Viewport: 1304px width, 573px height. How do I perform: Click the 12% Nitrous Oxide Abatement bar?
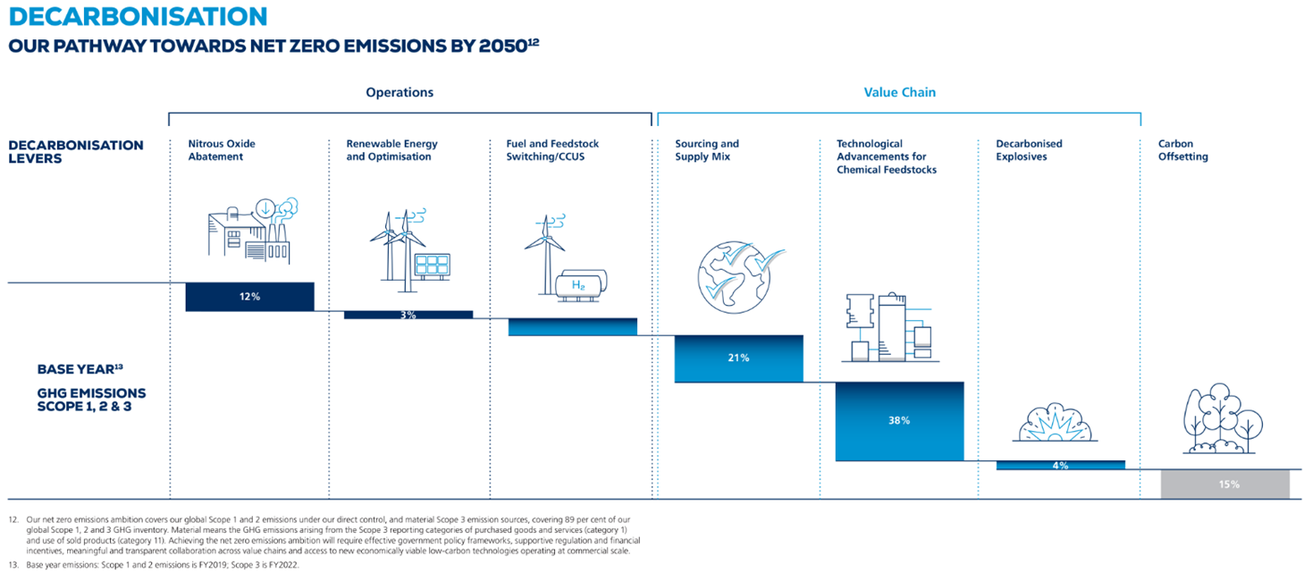click(x=249, y=297)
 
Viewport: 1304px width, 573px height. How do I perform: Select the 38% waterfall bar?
click(x=899, y=420)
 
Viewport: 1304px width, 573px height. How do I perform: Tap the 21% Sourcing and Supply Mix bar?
click(x=738, y=358)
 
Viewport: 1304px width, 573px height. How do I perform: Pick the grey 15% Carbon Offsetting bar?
click(x=1224, y=484)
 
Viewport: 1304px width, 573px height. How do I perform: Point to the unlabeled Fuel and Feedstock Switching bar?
click(x=572, y=326)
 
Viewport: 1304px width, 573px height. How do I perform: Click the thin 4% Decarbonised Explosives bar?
click(x=1060, y=465)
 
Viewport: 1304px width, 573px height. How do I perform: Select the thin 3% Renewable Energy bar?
click(x=408, y=315)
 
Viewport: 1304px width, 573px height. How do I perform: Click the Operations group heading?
click(x=399, y=92)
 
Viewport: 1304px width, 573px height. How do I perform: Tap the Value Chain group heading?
click(x=899, y=92)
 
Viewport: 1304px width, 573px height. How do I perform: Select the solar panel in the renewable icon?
click(x=431, y=265)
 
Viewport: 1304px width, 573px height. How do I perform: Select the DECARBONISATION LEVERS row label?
click(x=76, y=151)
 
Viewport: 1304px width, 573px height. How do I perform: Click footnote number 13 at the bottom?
click(x=13, y=563)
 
